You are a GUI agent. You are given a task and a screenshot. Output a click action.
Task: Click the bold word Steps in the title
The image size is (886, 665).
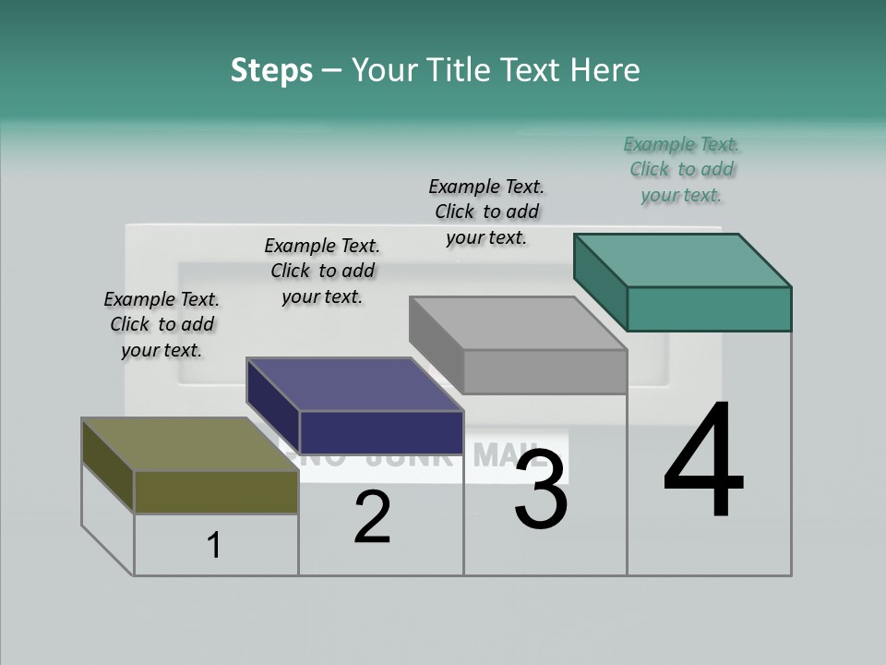[x=271, y=70]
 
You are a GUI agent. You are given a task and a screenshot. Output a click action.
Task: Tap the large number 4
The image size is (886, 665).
[x=703, y=462]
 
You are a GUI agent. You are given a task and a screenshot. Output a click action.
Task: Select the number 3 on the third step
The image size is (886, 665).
[x=541, y=490]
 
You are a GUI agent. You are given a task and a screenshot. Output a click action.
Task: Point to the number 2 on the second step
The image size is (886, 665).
[x=372, y=517]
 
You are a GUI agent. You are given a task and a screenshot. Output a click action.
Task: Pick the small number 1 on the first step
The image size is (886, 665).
[x=214, y=546]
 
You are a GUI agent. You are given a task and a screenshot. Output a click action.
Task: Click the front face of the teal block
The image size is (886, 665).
[x=709, y=308]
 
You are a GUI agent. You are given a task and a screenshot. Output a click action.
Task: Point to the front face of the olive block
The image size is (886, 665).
[x=216, y=491]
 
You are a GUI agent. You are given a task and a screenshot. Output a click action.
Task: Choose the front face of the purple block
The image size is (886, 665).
[x=381, y=432]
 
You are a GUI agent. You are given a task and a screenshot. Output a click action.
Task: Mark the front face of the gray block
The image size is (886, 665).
[x=545, y=371]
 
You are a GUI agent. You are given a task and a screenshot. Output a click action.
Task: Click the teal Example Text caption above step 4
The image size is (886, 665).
[x=681, y=169]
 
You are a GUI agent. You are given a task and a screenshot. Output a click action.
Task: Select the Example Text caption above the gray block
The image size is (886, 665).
[x=486, y=212]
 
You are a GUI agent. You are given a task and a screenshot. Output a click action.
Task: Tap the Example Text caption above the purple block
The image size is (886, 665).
[x=322, y=271]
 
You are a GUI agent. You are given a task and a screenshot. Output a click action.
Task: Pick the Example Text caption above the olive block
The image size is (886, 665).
[x=162, y=324]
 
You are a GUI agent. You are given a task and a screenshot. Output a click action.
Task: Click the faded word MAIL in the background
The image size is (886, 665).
[x=509, y=454]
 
